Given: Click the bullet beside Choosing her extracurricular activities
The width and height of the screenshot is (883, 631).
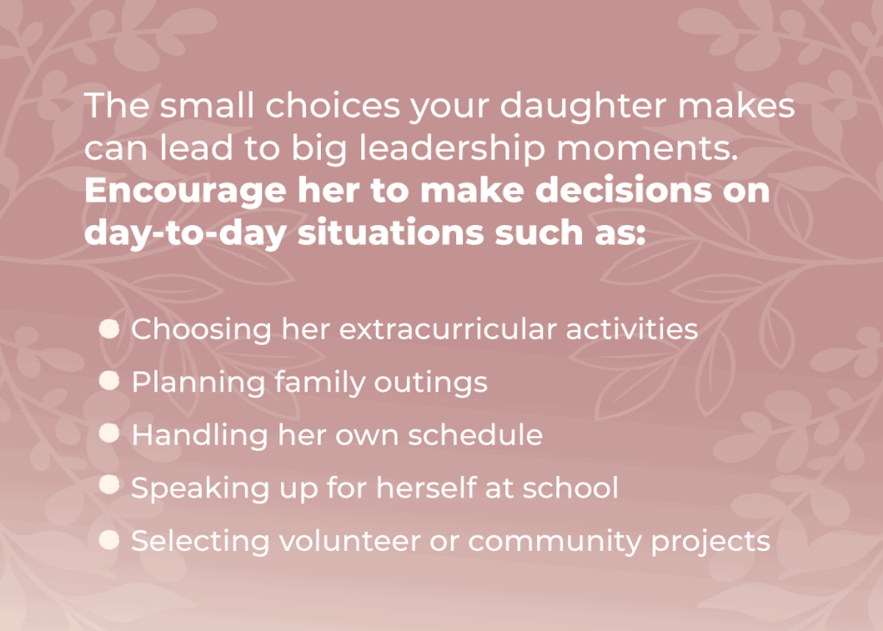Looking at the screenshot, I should coord(110,328).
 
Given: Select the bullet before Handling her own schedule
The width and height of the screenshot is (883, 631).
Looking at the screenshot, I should coord(110,434).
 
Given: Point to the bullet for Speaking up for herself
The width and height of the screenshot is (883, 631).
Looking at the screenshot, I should coord(110,486).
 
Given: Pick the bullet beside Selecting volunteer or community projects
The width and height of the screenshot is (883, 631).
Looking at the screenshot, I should coord(110,540).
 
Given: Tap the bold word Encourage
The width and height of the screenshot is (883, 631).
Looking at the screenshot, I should coord(184,191).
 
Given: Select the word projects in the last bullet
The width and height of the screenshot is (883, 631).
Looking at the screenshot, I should coord(710,540).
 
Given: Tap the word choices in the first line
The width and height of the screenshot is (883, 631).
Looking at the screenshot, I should coord(310,107).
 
